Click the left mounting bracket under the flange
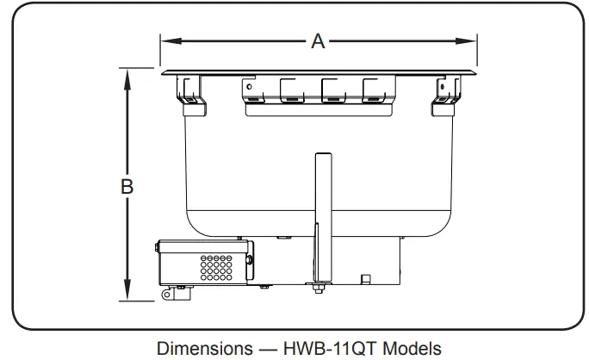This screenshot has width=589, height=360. coord(189,90)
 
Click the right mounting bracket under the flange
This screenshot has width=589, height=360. coord(448,90)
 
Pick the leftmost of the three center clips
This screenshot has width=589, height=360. coord(294,90)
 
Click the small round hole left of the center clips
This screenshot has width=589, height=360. coord(249,87)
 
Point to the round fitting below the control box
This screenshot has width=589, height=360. coord(166,295)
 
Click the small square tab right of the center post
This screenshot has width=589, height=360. coord(365,278)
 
